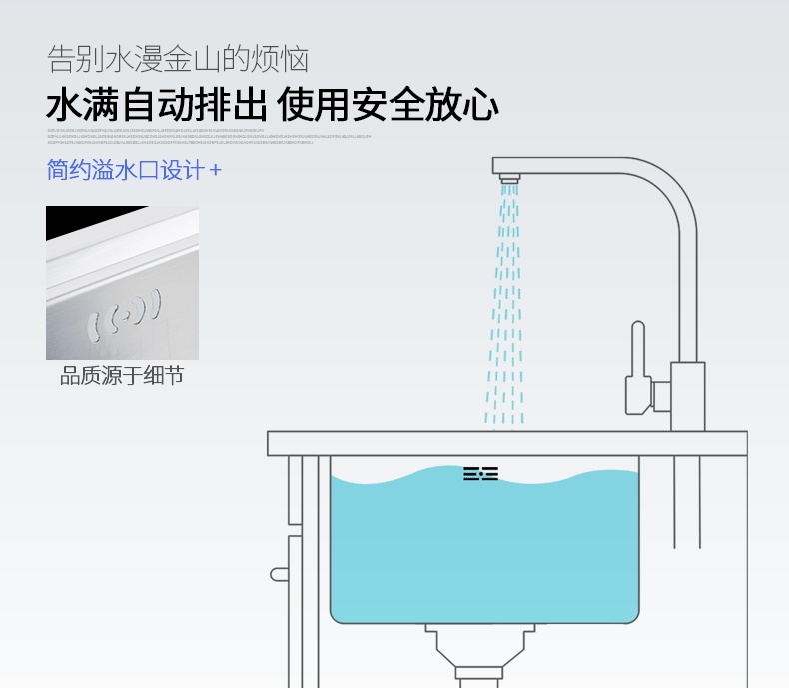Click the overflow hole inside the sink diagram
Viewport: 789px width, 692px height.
pos(480,474)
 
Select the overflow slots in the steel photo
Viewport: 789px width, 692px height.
pos(128,311)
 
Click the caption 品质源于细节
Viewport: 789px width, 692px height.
pos(122,377)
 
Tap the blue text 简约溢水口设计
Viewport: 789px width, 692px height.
pos(125,170)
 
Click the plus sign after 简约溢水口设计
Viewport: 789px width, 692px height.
pos(215,171)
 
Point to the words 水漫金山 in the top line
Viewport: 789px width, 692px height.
pos(166,58)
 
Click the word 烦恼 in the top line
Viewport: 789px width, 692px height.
pos(283,58)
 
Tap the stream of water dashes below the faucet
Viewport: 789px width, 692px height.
pos(505,300)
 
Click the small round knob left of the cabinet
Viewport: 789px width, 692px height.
pos(278,575)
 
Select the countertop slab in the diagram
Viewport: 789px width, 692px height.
pos(506,443)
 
